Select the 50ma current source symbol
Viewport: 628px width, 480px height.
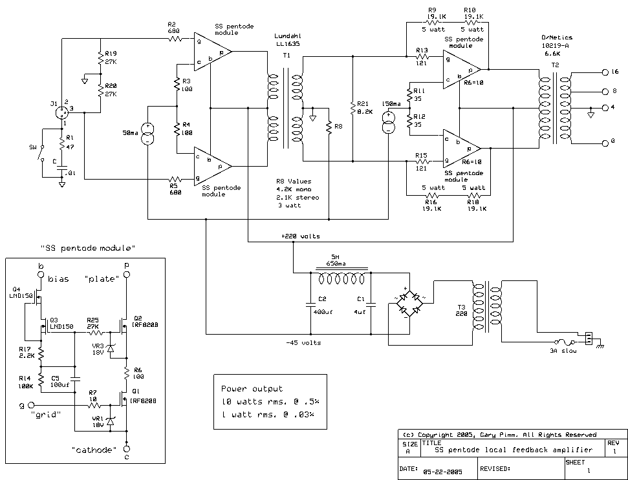click(x=148, y=134)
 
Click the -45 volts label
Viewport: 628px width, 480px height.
click(x=303, y=342)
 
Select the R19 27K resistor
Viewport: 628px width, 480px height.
click(x=100, y=58)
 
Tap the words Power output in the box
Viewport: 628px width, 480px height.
click(x=252, y=389)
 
